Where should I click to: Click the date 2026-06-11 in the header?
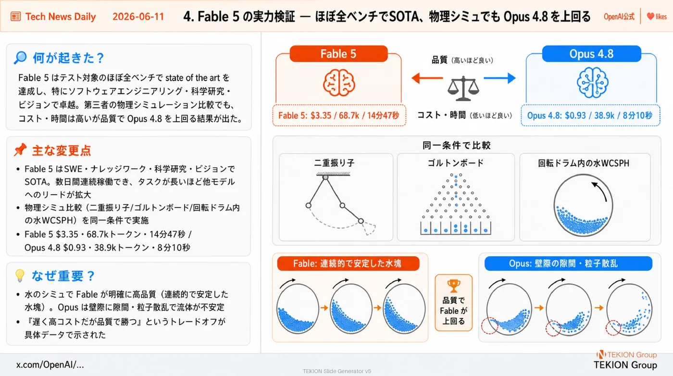pyautogui.click(x=138, y=16)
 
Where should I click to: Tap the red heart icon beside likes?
pyautogui.click(x=650, y=16)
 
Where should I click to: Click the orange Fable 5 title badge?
pyautogui.click(x=338, y=54)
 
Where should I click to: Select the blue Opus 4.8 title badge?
pyautogui.click(x=591, y=54)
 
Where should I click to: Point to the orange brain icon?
pyautogui.click(x=339, y=83)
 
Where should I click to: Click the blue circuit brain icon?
pyautogui.click(x=592, y=83)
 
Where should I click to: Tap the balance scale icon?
pyautogui.click(x=463, y=88)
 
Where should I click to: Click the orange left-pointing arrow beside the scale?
pyautogui.click(x=427, y=78)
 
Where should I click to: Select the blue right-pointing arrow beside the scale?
pyautogui.click(x=499, y=78)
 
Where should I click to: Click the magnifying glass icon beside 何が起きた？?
pyautogui.click(x=20, y=57)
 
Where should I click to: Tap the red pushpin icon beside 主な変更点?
pyautogui.click(x=20, y=150)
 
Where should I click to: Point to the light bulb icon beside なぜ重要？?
pyautogui.click(x=20, y=276)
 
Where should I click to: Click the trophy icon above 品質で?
pyautogui.click(x=454, y=286)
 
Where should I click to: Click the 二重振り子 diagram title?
pyautogui.click(x=334, y=163)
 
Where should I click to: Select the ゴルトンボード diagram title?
pyautogui.click(x=456, y=163)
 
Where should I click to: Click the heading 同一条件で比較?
pyautogui.click(x=456, y=146)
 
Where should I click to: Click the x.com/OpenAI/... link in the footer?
pyautogui.click(x=50, y=364)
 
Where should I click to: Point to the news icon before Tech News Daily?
pyautogui.click(x=15, y=16)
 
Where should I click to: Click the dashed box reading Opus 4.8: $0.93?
pyautogui.click(x=590, y=115)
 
